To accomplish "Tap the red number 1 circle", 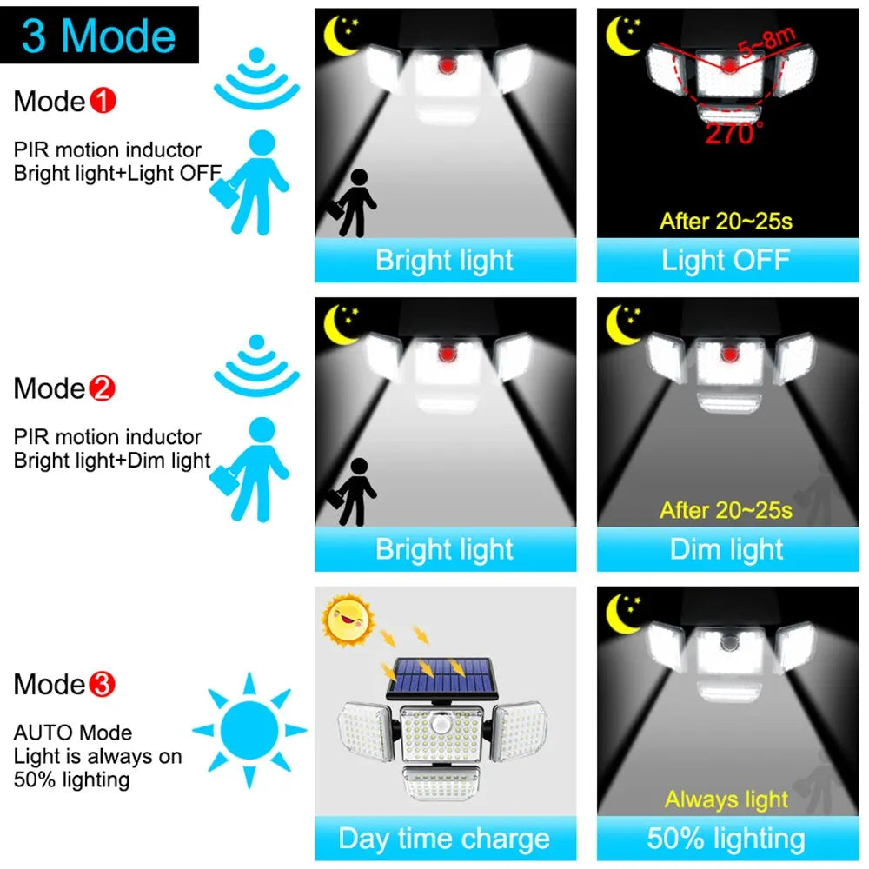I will [x=103, y=102].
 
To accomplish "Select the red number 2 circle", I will [x=103, y=388].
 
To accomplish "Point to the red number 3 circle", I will [x=103, y=685].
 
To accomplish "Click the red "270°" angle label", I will [x=734, y=133].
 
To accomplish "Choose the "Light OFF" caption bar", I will [x=726, y=260].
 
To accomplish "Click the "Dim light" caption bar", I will [x=726, y=549].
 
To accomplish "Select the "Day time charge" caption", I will [x=444, y=839].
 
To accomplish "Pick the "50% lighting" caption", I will [x=726, y=839].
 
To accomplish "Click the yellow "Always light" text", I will [x=726, y=799].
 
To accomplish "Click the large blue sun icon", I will [x=249, y=730].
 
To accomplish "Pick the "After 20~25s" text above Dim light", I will [x=726, y=509].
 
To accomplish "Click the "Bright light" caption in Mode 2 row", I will [x=444, y=549].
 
